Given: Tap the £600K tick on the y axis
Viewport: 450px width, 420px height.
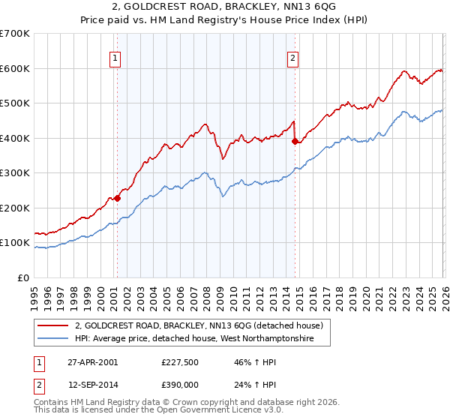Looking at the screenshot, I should [x=15, y=68].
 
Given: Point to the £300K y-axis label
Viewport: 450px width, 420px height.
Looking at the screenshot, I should [x=15, y=173].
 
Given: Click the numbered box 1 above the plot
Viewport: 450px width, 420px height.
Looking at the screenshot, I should [x=115, y=58].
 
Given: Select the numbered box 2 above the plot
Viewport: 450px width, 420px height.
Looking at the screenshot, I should [x=292, y=58].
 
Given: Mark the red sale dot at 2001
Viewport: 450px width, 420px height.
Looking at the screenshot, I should [x=118, y=199].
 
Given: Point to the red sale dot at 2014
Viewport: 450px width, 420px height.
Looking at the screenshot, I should [x=295, y=142].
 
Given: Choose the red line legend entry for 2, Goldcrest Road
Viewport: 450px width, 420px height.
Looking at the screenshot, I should [x=199, y=326].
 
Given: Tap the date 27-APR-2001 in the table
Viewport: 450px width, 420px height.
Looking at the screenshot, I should [x=91, y=361].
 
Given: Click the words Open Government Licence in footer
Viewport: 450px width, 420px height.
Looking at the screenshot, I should [x=217, y=412].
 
